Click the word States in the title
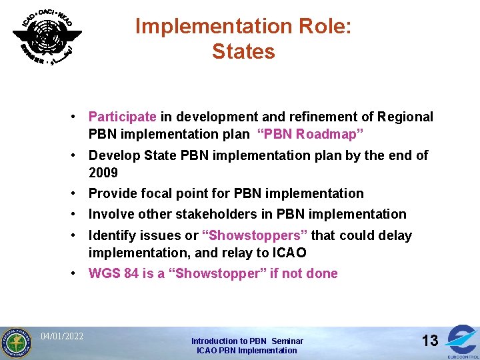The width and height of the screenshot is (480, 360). pos(243,51)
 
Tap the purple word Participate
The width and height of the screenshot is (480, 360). pos(122,117)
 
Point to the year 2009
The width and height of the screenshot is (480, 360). pos(103,173)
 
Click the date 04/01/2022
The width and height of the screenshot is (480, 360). pos(62,336)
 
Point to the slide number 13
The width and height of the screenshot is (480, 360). pos(430,341)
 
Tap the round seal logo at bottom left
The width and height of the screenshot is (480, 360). pos(15,343)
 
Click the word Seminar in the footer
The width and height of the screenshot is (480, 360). pos(287,341)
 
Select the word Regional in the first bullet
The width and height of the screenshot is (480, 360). pos(405,117)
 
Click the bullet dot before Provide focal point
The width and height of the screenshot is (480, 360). pos(79,193)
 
